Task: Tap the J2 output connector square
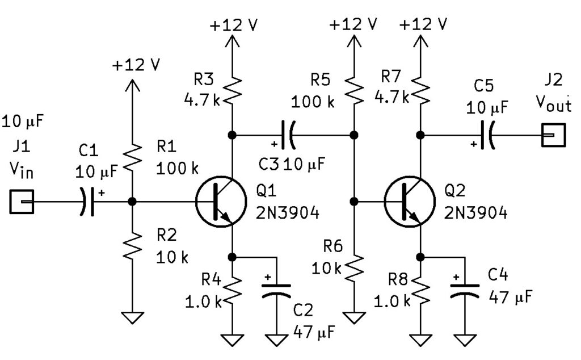[x=553, y=135]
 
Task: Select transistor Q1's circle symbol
[x=220, y=202]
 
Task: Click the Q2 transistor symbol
[x=409, y=202]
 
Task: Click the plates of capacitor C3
[x=288, y=135]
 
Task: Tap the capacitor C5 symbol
[x=486, y=135]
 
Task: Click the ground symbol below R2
[x=132, y=317]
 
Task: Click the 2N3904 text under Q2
[x=476, y=213]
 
